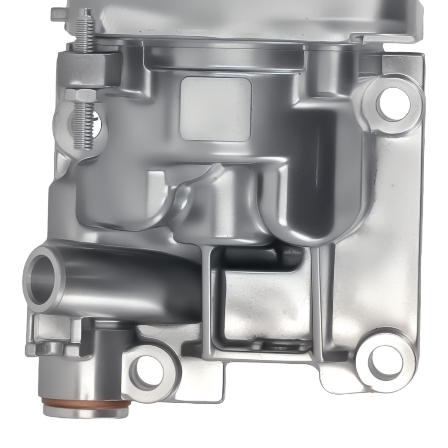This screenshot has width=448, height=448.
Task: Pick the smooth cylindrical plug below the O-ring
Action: pos(83,410)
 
